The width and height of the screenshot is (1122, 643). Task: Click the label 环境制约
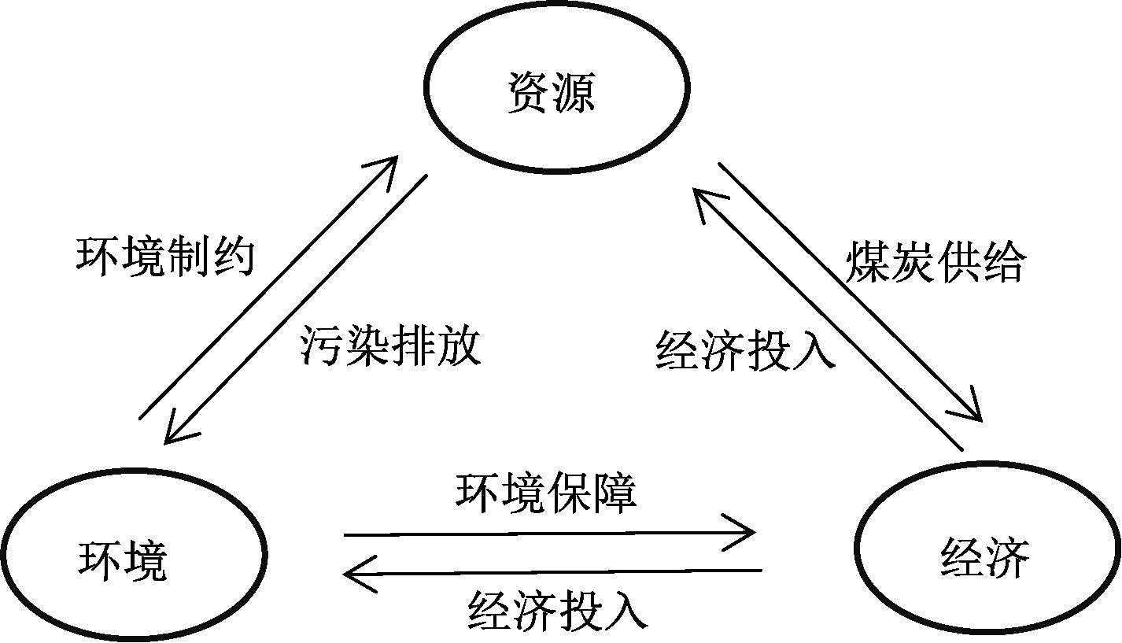165,257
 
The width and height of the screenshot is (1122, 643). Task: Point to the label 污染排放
390,346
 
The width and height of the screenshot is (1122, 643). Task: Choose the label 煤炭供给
935,263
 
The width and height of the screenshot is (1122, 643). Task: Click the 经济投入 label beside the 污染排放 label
744,349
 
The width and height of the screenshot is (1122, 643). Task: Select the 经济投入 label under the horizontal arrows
558,609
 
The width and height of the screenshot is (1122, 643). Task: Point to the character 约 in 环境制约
233,257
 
